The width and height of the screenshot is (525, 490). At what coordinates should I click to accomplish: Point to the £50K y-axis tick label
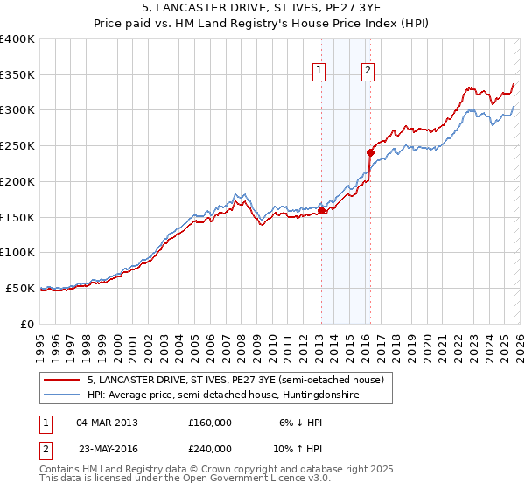tap(20, 288)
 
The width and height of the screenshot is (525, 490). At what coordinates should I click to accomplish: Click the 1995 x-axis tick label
tap(40, 344)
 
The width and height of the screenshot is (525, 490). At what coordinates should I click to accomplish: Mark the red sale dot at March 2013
tap(321, 210)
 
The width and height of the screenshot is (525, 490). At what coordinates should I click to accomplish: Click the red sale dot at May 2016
tap(370, 152)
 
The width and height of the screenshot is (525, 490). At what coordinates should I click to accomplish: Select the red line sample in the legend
tap(62, 380)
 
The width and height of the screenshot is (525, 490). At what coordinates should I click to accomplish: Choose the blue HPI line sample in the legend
tap(62, 395)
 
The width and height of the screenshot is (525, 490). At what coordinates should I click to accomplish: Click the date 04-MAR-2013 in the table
tap(108, 422)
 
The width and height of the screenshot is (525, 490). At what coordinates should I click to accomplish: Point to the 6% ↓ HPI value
tap(299, 422)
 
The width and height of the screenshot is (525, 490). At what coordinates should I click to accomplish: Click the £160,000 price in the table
tap(210, 422)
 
